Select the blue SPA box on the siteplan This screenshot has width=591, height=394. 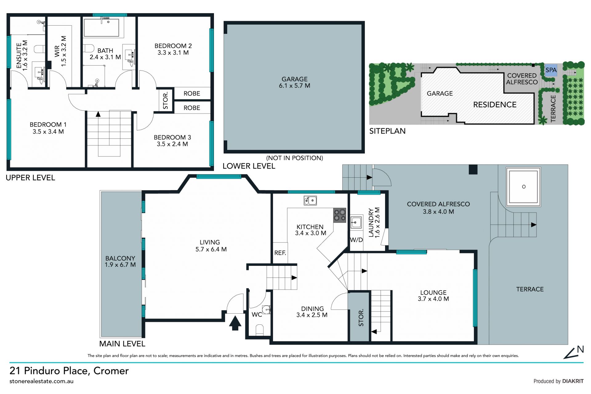551,70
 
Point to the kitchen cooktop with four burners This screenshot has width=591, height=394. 340,215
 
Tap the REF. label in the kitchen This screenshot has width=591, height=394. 280,253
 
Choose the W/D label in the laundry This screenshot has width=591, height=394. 356,240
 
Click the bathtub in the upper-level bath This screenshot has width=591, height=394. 101,28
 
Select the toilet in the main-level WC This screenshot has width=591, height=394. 260,330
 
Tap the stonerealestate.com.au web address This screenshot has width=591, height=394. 42,381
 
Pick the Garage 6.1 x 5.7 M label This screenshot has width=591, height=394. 295,83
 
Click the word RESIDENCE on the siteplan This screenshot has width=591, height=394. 495,105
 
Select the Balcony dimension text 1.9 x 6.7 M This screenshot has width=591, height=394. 120,265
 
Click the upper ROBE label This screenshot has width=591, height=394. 192,94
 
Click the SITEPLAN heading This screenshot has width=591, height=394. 387,131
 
